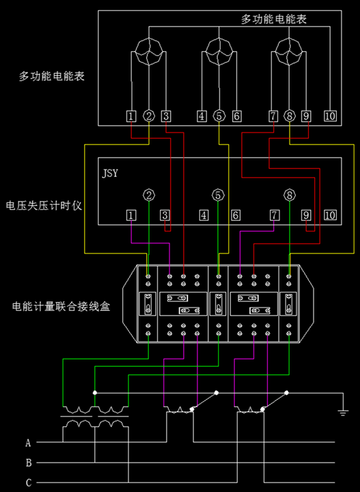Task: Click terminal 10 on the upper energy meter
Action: tap(330, 116)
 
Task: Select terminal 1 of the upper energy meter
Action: tap(131, 116)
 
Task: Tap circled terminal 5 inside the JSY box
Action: tap(219, 195)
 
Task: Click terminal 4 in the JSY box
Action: tap(204, 215)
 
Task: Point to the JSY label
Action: tap(110, 173)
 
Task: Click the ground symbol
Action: tap(343, 413)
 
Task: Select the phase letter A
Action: tap(28, 443)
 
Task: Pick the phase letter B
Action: tap(29, 463)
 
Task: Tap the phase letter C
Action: tap(29, 482)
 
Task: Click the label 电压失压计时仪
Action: tap(44, 206)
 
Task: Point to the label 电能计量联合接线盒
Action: tap(61, 306)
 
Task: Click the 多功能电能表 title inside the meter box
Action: tap(274, 19)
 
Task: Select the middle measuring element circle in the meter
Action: tap(219, 51)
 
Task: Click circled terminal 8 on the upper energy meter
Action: tap(290, 116)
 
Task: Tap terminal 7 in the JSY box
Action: tap(275, 215)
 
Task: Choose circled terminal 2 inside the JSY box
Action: tap(149, 195)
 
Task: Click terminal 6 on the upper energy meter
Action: tap(237, 116)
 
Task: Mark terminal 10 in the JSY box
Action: tap(330, 215)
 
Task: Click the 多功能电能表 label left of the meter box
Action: tap(52, 77)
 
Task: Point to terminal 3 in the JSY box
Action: tap(165, 215)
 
